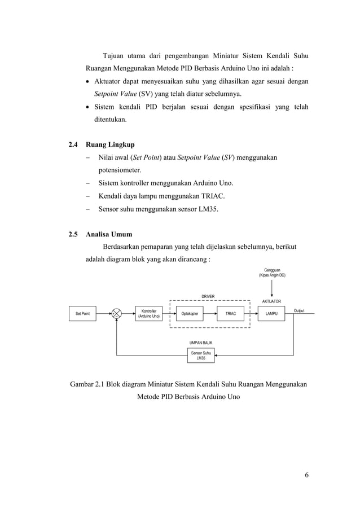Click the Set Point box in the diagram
click(82, 313)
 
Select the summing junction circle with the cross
click(117, 313)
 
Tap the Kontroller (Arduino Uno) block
click(149, 313)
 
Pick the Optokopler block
click(190, 313)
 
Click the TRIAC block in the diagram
click(231, 313)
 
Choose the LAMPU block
click(271, 313)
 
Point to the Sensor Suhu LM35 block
click(201, 356)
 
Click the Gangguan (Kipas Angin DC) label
click(271, 273)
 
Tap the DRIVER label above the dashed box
click(208, 296)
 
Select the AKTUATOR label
click(271, 301)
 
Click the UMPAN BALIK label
click(201, 343)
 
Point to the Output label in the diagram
click(299, 311)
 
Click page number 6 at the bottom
click(306, 474)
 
